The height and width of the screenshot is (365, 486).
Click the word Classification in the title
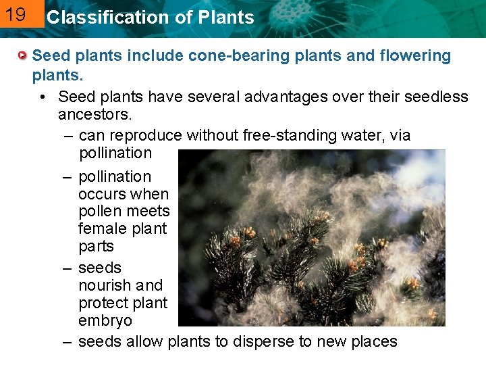pyautogui.click(x=93, y=18)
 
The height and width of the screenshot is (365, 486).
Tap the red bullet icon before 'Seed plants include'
pyautogui.click(x=24, y=55)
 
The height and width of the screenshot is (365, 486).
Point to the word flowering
pyautogui.click(x=412, y=55)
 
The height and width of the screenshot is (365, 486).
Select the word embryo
pyautogui.click(x=105, y=320)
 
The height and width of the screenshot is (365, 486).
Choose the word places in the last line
pyautogui.click(x=372, y=342)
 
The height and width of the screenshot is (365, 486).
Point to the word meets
pyautogui.click(x=148, y=212)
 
